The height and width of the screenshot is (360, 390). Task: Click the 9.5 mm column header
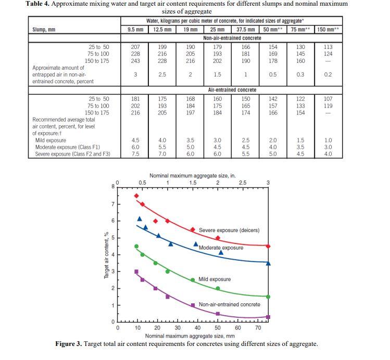click(x=135, y=30)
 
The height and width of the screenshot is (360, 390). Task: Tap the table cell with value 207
click(x=135, y=47)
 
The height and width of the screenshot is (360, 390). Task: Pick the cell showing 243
click(x=135, y=60)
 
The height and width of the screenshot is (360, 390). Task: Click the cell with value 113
click(x=328, y=47)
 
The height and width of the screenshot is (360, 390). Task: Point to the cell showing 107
click(x=328, y=99)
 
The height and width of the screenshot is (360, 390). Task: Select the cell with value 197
click(x=191, y=112)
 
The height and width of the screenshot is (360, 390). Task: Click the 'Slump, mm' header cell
click(x=44, y=30)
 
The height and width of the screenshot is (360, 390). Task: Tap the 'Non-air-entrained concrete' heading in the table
click(x=232, y=38)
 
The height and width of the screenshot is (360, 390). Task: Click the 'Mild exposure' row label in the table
click(x=51, y=140)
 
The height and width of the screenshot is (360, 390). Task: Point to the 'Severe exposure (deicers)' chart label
click(x=229, y=230)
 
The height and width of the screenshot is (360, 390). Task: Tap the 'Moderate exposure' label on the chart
click(x=221, y=248)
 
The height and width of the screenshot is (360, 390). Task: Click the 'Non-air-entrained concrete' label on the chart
click(x=230, y=304)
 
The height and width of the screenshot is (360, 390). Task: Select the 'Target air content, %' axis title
click(x=107, y=254)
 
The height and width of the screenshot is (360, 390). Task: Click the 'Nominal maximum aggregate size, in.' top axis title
click(x=193, y=176)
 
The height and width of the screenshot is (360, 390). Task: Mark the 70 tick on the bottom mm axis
click(x=258, y=328)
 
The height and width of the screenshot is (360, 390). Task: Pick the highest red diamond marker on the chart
click(x=136, y=196)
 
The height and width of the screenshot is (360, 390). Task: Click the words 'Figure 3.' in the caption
click(x=70, y=344)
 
